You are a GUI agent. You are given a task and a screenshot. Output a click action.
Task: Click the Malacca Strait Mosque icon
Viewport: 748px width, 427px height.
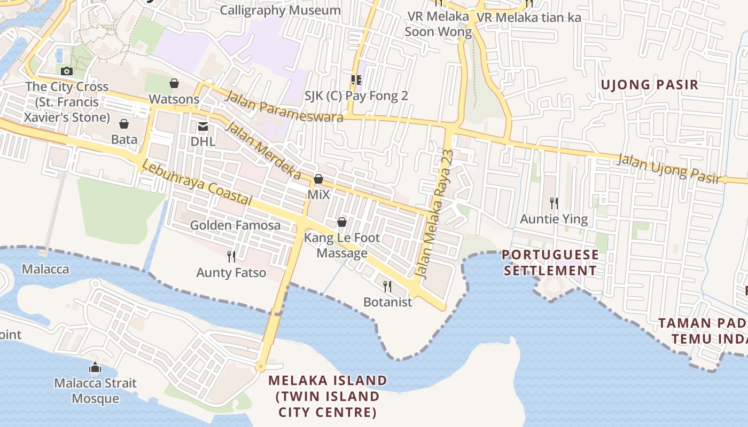[95, 367]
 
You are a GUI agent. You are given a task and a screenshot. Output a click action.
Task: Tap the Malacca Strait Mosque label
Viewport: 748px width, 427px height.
[96, 391]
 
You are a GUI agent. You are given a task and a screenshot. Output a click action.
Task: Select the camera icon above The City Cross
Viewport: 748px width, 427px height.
[67, 71]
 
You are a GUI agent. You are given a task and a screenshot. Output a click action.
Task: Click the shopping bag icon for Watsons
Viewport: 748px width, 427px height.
[174, 83]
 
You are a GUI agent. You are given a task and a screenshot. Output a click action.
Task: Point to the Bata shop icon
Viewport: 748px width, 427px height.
[124, 124]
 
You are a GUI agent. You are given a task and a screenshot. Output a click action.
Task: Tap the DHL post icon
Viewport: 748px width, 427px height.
[203, 126]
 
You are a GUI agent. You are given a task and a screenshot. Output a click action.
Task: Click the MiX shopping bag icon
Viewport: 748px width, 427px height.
[318, 179]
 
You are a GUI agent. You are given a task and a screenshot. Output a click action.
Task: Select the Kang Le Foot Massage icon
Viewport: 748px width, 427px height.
[342, 222]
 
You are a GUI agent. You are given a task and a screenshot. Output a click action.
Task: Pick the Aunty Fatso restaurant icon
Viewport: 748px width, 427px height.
[231, 257]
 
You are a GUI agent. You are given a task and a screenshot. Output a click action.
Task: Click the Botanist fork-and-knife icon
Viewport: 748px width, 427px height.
[387, 287]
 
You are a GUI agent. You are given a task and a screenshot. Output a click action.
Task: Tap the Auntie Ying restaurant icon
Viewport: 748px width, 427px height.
[554, 203]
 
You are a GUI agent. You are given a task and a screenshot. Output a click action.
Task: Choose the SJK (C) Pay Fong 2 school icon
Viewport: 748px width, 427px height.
[356, 80]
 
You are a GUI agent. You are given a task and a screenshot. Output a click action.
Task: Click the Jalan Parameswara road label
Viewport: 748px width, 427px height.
[284, 107]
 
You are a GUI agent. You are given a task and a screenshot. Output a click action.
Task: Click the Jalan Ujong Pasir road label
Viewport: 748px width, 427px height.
[668, 169]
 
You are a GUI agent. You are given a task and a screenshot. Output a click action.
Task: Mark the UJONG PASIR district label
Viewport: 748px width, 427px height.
[649, 84]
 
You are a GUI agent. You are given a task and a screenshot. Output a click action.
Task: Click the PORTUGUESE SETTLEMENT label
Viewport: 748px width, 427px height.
[550, 262]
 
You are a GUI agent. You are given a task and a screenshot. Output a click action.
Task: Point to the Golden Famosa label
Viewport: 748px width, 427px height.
[235, 225]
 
